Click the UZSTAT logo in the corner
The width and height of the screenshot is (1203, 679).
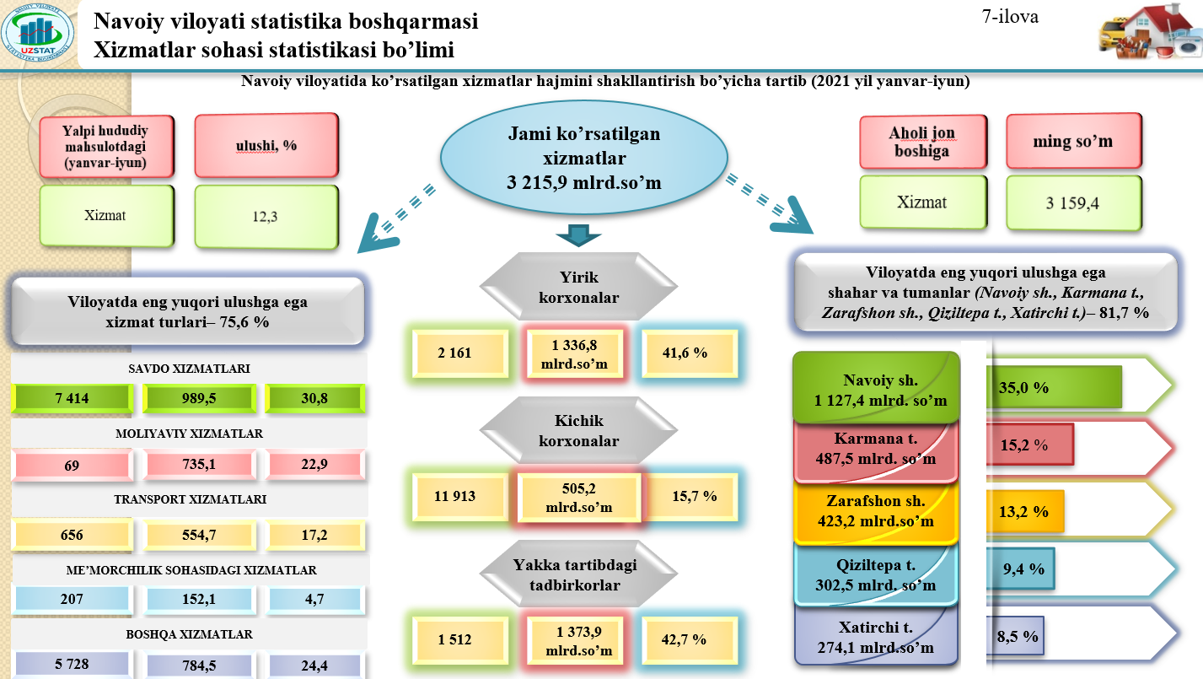click(x=38, y=32)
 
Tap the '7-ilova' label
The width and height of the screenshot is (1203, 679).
click(x=1010, y=17)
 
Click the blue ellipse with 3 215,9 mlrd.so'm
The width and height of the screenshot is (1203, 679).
click(x=583, y=158)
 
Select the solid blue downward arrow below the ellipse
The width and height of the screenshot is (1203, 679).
click(x=578, y=235)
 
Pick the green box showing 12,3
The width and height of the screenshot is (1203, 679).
click(x=266, y=217)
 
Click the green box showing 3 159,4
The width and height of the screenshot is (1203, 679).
click(x=1073, y=203)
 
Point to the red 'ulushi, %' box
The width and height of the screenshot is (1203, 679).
click(x=266, y=145)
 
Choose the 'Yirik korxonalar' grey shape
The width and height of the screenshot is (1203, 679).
click(x=578, y=287)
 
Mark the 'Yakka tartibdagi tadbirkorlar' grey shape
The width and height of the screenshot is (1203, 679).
click(x=578, y=574)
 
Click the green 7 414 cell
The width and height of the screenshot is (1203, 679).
click(x=72, y=399)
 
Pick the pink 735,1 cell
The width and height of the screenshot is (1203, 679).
click(x=199, y=464)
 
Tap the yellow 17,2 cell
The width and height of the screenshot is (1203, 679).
click(x=314, y=535)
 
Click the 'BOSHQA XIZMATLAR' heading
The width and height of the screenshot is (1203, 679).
click(x=189, y=634)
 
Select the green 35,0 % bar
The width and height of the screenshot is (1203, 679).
click(x=1055, y=387)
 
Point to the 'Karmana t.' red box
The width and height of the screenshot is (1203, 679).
click(x=876, y=449)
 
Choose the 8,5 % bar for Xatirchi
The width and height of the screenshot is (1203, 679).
click(x=1015, y=636)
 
